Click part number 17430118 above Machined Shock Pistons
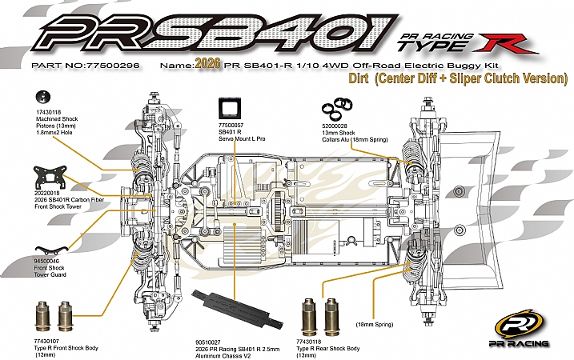tap(50, 110)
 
